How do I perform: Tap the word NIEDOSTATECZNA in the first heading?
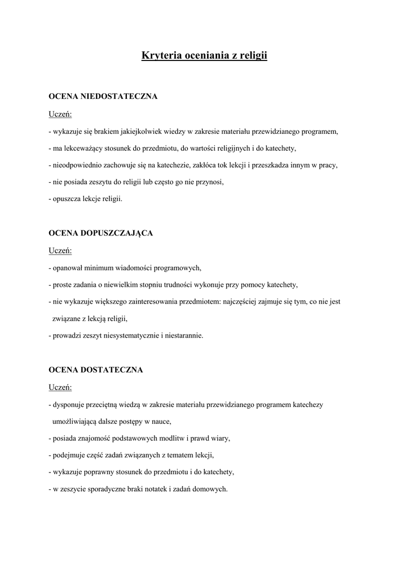tap(119, 97)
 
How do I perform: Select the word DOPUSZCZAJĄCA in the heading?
tap(117, 233)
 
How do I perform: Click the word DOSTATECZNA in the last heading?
tap(112, 370)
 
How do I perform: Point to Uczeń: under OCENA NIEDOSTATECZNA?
tap(60, 115)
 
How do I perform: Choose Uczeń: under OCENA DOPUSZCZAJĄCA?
tap(60, 251)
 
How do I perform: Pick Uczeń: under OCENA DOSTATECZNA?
tap(60, 388)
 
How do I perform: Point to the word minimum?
tap(100, 268)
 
